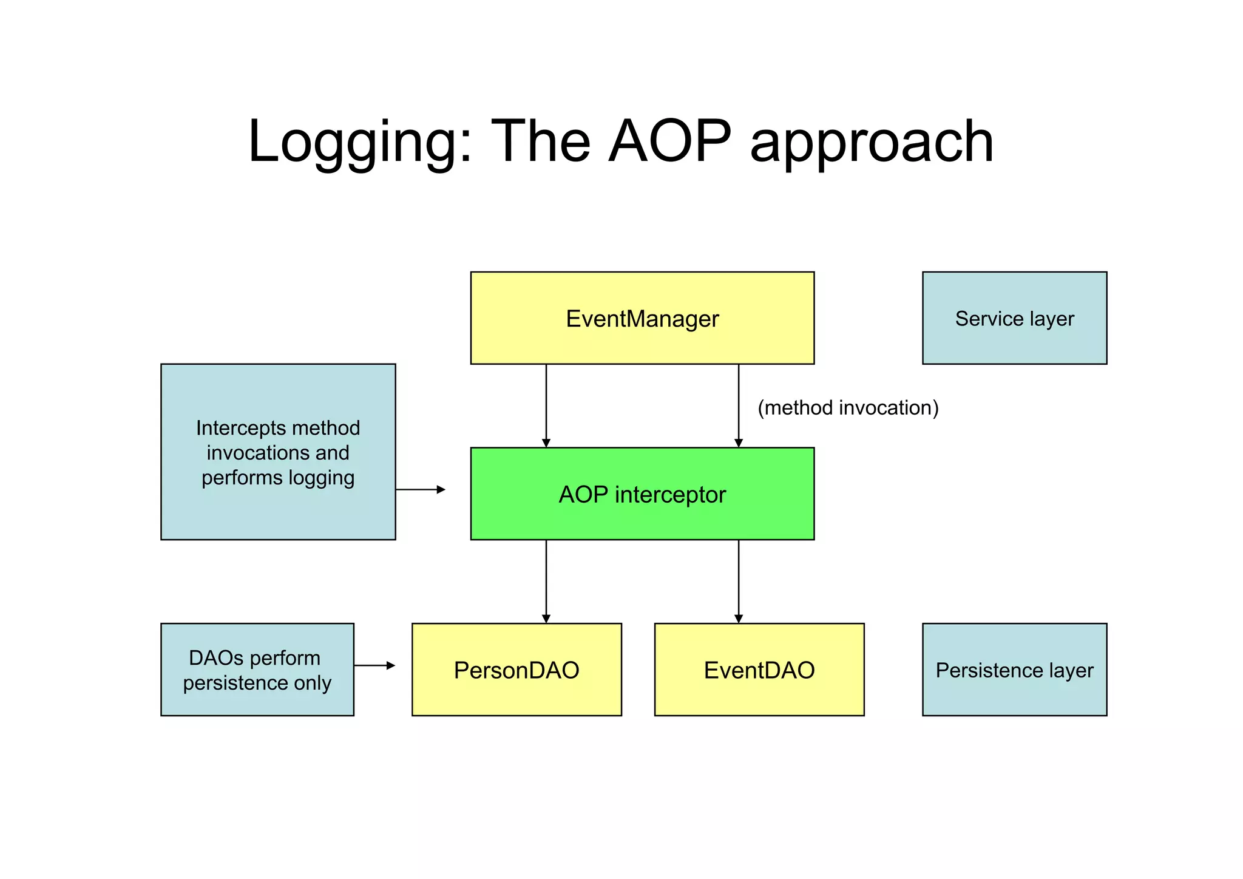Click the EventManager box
click(x=642, y=318)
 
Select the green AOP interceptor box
click(x=642, y=494)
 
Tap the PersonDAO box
click(x=517, y=670)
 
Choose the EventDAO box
click(x=759, y=670)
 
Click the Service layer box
click(x=1014, y=318)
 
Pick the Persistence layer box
click(x=1014, y=670)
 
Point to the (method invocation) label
click(x=848, y=407)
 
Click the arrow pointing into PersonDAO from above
click(x=546, y=581)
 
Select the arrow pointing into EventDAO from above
click(x=739, y=581)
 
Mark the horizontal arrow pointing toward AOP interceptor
click(x=421, y=489)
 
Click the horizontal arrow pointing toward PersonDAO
click(x=374, y=665)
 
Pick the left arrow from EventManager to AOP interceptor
click(x=546, y=406)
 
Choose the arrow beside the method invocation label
click(x=739, y=406)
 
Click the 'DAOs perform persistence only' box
click(x=257, y=670)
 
